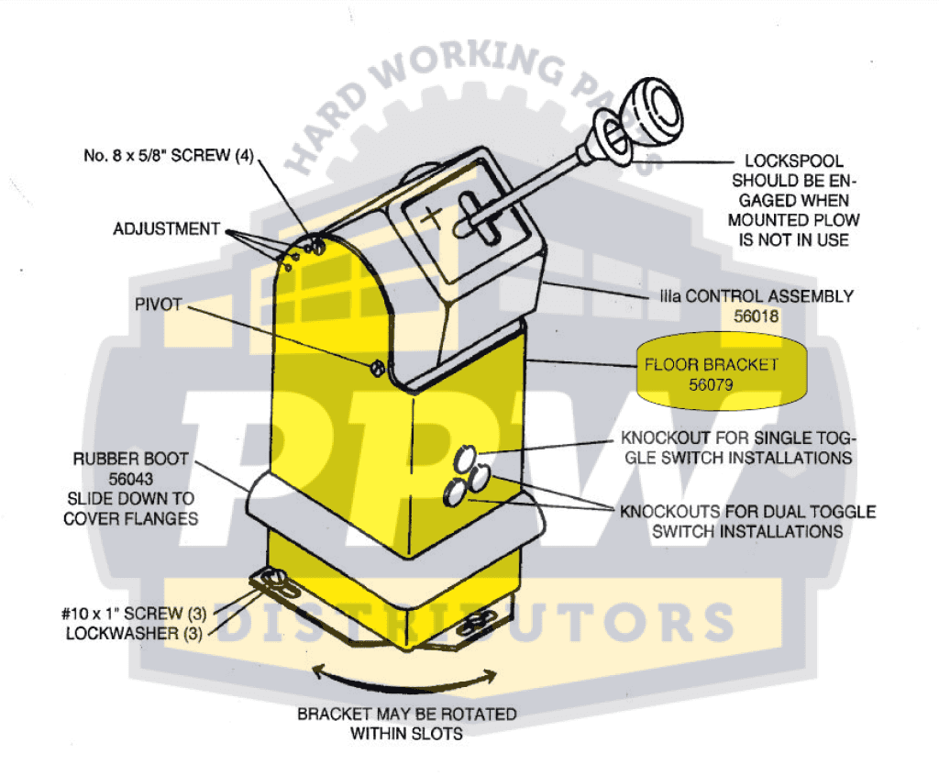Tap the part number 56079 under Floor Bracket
[x=711, y=384]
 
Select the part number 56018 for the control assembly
[x=756, y=316]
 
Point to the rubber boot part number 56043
[x=130, y=479]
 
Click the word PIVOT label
[x=158, y=305]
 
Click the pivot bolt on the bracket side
[x=377, y=367]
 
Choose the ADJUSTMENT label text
[x=167, y=229]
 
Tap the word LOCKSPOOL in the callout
[x=793, y=161]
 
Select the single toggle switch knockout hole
[x=465, y=459]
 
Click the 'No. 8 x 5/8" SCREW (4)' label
[x=169, y=155]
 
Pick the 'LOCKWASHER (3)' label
[x=134, y=634]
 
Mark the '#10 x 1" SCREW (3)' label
[x=134, y=614]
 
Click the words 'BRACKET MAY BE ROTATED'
[x=406, y=714]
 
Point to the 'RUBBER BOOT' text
[x=130, y=459]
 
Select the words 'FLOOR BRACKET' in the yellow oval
[x=711, y=364]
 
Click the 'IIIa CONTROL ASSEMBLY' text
[x=757, y=296]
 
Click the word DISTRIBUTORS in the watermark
[x=472, y=622]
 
